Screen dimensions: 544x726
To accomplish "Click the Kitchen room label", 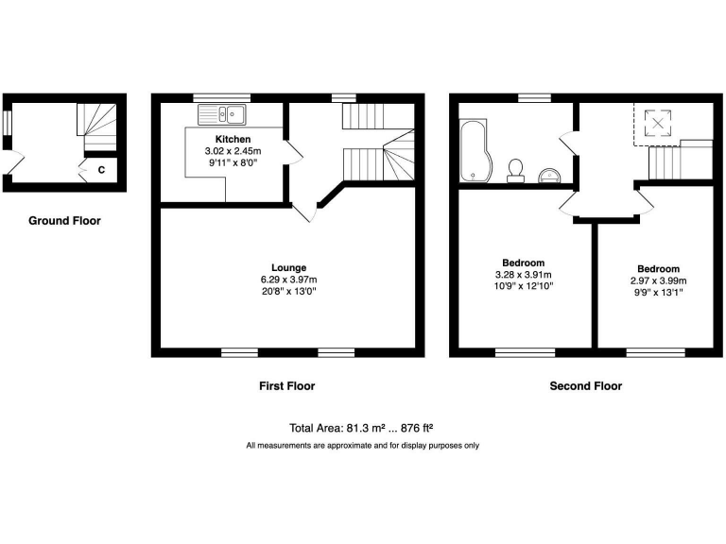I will [232, 140].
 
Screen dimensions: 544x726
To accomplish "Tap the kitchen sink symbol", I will [222, 115].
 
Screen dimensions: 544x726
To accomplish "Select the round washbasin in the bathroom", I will [550, 173].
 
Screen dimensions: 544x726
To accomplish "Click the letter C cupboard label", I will [101, 170].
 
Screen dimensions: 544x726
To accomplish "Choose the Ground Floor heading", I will [64, 221].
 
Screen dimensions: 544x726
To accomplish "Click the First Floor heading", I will [286, 385].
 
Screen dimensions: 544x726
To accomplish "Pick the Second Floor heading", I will [585, 385].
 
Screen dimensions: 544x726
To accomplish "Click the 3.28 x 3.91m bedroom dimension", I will [523, 275].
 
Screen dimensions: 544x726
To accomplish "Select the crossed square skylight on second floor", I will [654, 124].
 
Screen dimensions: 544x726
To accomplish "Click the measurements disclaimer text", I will [362, 445].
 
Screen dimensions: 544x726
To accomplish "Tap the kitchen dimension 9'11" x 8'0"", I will [232, 162].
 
